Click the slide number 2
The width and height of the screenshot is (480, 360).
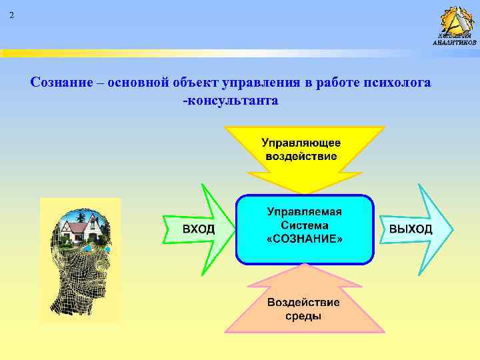[11, 15]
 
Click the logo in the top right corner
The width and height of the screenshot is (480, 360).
[455, 25]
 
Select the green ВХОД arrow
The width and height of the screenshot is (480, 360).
[200, 229]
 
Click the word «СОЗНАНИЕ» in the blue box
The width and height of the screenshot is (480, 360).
[304, 239]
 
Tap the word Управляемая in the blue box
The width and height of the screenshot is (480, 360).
[304, 212]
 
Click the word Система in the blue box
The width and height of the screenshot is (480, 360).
[304, 225]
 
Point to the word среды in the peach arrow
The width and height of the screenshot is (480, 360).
[303, 316]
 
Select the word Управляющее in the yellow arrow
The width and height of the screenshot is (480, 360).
[301, 143]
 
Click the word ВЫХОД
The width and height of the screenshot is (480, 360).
[410, 229]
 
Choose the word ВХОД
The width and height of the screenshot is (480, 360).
[199, 229]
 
